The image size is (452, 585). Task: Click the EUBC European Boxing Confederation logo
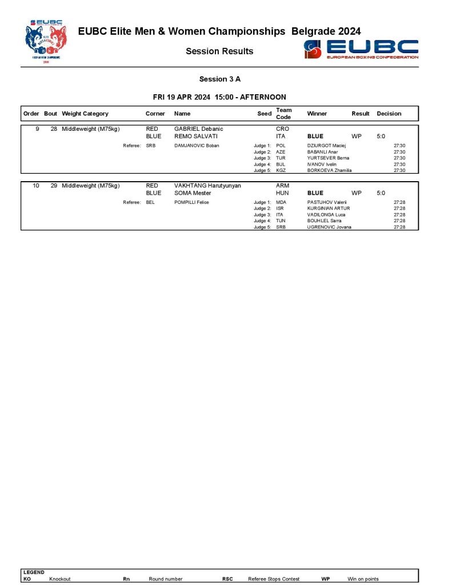(x=362, y=49)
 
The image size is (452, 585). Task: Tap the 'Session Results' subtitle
(x=219, y=51)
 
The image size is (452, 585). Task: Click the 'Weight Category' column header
(x=85, y=114)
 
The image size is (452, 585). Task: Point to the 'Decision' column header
(x=389, y=114)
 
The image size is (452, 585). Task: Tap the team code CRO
(x=282, y=129)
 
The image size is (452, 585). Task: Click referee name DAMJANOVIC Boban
(x=195, y=146)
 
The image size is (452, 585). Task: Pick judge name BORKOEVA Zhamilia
(x=329, y=170)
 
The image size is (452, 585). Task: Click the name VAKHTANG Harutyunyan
(x=207, y=186)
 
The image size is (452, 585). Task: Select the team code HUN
(x=282, y=193)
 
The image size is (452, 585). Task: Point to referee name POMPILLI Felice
(x=191, y=202)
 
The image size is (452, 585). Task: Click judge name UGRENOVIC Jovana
(x=329, y=227)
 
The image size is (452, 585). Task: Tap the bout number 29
(x=54, y=186)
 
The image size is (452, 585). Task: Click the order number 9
(x=37, y=129)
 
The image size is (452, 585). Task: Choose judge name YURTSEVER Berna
(x=328, y=158)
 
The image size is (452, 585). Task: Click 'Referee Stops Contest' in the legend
(x=274, y=579)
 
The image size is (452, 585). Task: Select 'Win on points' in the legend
(x=363, y=579)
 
